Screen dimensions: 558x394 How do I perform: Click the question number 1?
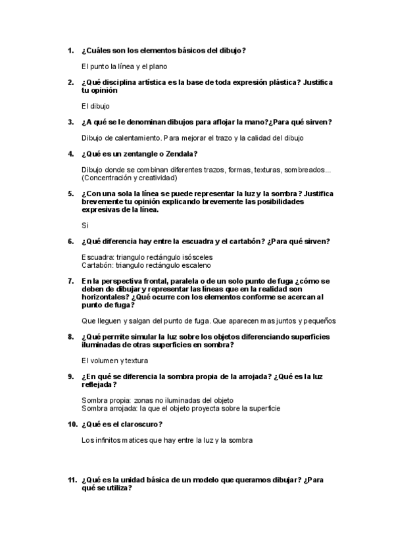(x=70, y=50)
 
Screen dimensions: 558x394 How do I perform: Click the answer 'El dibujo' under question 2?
(x=95, y=106)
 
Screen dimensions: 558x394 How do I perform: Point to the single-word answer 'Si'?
(x=85, y=226)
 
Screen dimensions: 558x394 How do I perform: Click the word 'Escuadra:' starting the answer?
(x=97, y=257)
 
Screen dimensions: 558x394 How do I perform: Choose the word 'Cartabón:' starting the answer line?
(x=97, y=265)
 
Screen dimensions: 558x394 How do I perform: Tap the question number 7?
(x=70, y=282)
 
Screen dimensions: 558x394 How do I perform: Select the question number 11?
(x=72, y=480)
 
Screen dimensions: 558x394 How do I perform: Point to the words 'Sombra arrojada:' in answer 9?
(x=107, y=408)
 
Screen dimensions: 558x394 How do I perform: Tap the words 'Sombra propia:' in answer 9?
(x=104, y=400)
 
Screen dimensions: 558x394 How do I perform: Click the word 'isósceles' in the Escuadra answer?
(x=198, y=257)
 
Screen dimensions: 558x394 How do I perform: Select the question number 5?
(x=70, y=194)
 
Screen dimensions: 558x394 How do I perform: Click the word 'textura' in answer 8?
(x=135, y=360)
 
